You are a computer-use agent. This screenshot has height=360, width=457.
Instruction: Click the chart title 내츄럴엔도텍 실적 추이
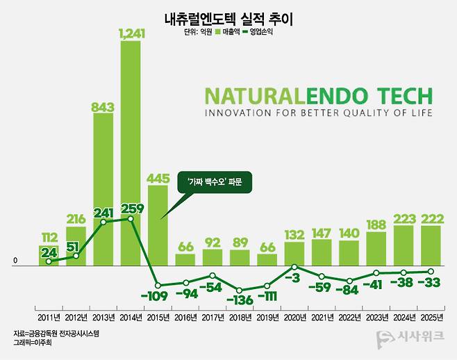(x=228, y=19)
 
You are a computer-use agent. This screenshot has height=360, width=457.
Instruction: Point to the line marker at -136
(x=240, y=290)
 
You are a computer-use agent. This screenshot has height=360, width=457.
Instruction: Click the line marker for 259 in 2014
(x=131, y=219)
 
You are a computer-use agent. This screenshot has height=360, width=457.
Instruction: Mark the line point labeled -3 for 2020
(x=294, y=267)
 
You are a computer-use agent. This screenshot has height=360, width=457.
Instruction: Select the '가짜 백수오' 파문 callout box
(x=213, y=183)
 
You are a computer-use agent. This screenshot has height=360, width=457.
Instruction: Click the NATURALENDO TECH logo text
(x=318, y=96)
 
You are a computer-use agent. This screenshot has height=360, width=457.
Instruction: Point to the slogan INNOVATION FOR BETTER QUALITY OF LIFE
(x=318, y=113)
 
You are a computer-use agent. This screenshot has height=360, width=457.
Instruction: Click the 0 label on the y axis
(x=15, y=262)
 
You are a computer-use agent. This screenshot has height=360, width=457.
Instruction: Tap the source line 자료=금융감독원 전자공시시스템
(x=56, y=334)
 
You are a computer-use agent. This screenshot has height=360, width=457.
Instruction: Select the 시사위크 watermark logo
(x=412, y=340)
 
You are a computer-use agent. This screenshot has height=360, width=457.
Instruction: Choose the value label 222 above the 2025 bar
(x=431, y=218)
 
